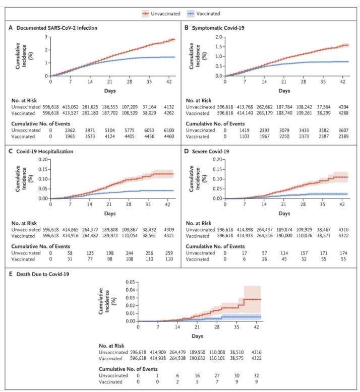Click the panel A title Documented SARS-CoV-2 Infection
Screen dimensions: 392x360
tap(56, 28)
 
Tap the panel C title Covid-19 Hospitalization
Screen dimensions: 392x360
tap(46, 151)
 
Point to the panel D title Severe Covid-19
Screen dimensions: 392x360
tap(209, 151)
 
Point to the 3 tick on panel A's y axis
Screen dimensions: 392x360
tap(46, 37)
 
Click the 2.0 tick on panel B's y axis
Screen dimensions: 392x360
tap(218, 37)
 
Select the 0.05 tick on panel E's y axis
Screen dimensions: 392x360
tap(130, 282)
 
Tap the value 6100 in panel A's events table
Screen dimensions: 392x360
tap(170, 130)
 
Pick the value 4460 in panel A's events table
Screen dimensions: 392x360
tap(170, 136)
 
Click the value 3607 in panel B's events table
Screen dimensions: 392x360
tap(342, 130)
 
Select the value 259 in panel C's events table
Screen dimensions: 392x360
tap(170, 252)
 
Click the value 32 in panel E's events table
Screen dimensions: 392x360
tap(257, 375)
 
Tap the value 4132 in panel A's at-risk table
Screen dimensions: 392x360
tap(170, 107)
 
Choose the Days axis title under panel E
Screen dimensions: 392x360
tap(198, 335)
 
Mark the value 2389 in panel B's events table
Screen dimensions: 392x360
tap(342, 136)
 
